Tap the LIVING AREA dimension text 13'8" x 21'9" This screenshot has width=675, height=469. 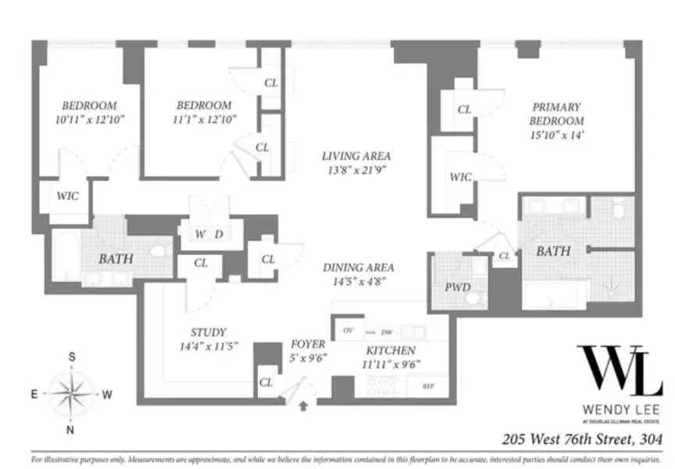(356, 170)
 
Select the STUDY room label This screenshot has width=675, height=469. (208, 331)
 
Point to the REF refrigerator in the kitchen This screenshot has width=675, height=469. (428, 386)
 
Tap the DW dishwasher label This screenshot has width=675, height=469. (386, 332)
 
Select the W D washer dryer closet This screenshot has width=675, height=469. (209, 234)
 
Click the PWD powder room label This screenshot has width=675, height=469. (457, 288)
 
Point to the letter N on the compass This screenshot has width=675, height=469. (72, 430)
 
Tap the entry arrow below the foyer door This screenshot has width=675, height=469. (304, 406)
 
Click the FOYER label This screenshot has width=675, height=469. (307, 344)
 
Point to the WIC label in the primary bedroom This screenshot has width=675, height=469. (460, 177)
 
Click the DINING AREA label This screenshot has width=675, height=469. (358, 267)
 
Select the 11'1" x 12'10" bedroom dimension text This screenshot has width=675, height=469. (204, 120)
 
